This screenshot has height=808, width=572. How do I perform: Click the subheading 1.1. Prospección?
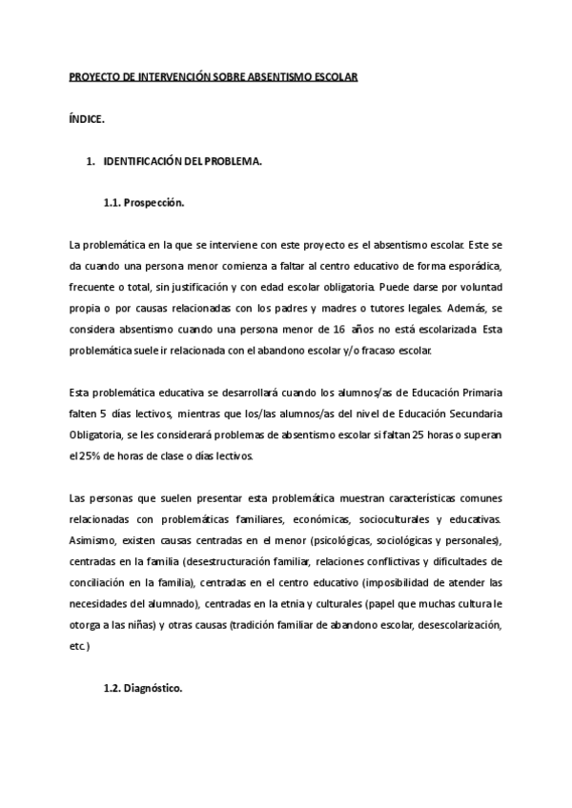pyautogui.click(x=144, y=204)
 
